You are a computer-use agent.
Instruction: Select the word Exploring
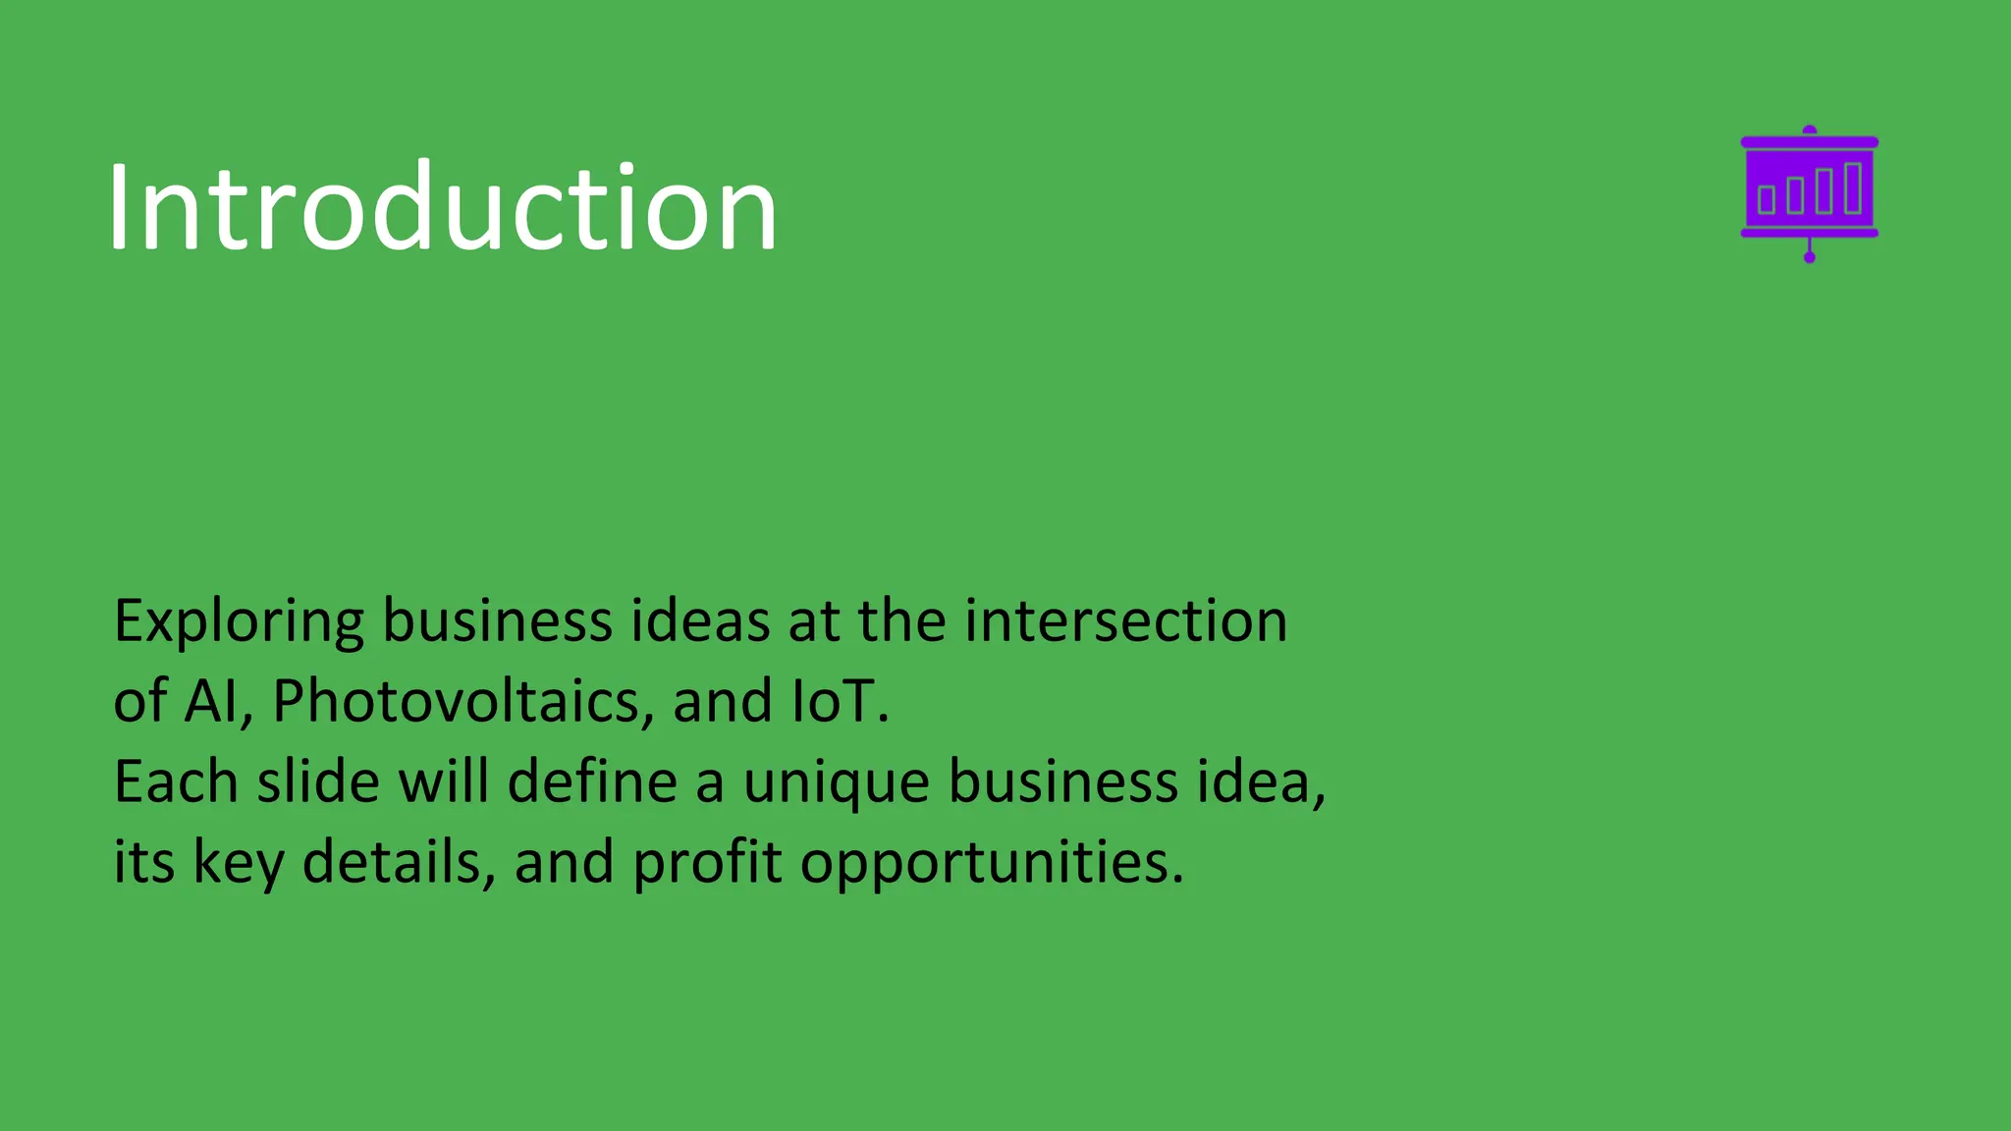coord(239,622)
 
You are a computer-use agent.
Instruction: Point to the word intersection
coord(1125,621)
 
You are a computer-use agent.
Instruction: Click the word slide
coord(318,782)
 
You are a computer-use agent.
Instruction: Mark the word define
coord(592,782)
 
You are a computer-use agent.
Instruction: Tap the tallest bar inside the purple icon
coord(1853,188)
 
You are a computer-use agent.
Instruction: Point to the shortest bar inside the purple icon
coord(1766,199)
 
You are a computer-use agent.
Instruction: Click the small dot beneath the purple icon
coord(1810,258)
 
